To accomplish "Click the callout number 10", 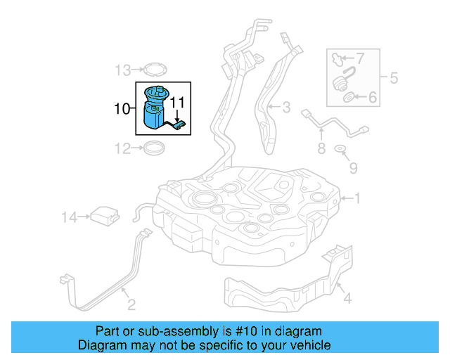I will click(121, 109).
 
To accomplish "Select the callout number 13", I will click(123, 70).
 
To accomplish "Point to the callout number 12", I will click(123, 148).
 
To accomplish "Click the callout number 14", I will click(69, 219).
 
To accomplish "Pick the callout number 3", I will click(286, 108).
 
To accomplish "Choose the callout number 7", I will click(360, 58).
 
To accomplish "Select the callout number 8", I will click(321, 148).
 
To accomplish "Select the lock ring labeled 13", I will click(153, 70).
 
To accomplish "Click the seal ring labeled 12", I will click(154, 148).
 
